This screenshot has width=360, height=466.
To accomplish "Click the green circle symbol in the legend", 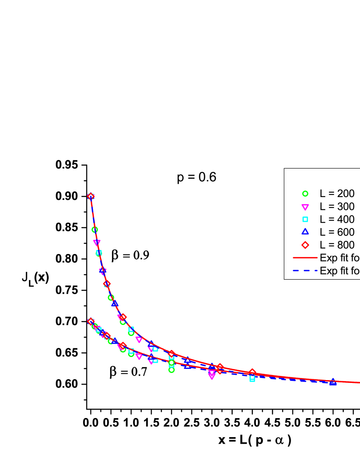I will click(305, 193).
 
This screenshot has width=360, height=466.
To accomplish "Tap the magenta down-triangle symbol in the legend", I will click(305, 207).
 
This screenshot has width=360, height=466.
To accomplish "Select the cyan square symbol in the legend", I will click(305, 219).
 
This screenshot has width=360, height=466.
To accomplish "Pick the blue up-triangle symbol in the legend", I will click(305, 232).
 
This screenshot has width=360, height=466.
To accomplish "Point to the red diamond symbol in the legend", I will click(305, 245).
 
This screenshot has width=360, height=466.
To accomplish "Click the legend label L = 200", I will click(337, 193).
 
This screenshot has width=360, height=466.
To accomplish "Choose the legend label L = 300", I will click(337, 207).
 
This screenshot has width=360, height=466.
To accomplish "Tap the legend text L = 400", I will click(337, 219).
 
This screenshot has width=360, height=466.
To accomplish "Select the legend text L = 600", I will click(337, 232).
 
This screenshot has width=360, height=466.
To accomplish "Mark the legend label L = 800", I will click(337, 245).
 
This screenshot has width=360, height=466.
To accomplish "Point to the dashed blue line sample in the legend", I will click(305, 271).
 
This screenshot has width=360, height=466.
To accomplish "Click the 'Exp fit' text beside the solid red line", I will click(339, 258).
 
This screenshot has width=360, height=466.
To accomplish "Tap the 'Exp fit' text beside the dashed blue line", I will click(339, 271).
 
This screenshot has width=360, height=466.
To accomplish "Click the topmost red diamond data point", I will click(91, 196).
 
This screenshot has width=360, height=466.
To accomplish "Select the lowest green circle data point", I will click(171, 370).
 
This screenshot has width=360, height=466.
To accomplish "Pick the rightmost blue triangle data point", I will click(333, 382).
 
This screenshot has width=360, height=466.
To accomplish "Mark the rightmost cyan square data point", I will click(252, 378).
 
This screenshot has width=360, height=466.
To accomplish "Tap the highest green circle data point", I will click(95, 230).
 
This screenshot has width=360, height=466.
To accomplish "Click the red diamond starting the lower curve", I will click(91, 321).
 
